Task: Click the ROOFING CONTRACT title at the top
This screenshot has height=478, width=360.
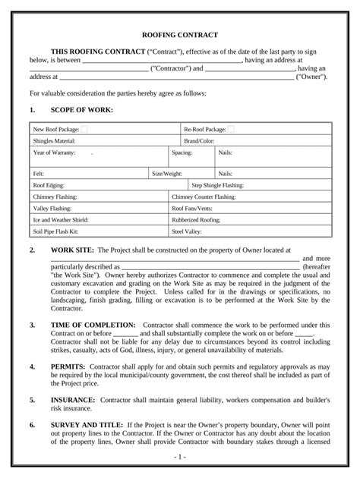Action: pos(180,35)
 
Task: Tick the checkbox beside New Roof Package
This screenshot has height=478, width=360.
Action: pos(84,130)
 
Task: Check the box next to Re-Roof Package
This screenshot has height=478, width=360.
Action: pos(230,130)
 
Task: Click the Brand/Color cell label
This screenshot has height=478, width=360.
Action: pos(199,141)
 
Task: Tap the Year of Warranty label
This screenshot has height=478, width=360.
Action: pos(55,153)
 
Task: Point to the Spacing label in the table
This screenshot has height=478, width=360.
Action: pos(182,153)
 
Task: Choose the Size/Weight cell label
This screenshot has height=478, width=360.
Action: pos(167,174)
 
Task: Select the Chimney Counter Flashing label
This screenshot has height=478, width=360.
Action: pos(204,197)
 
